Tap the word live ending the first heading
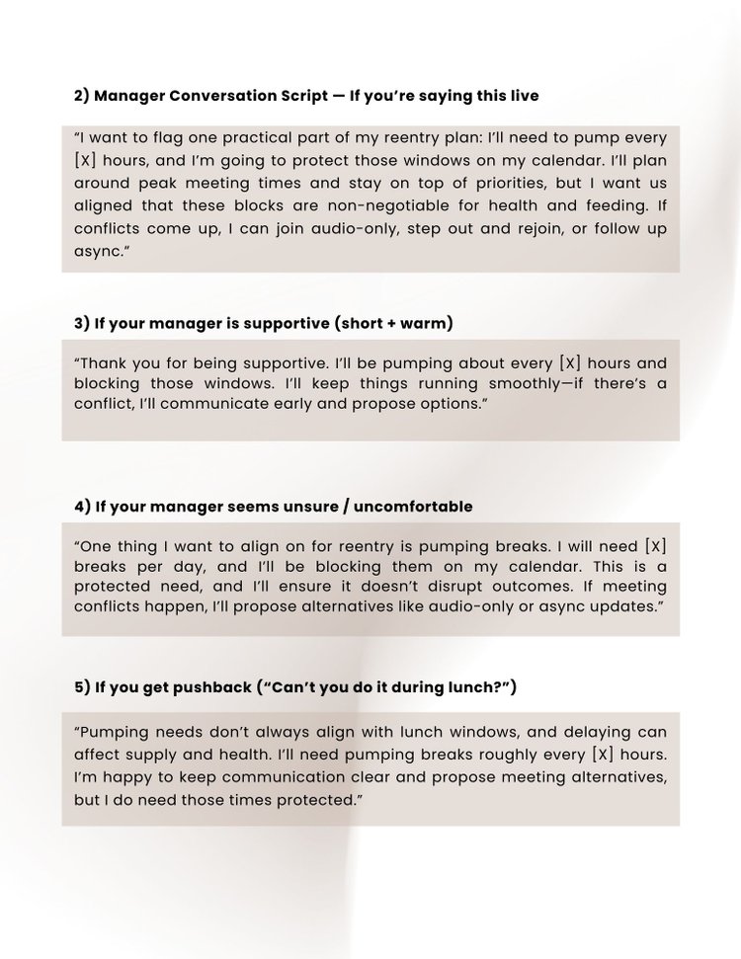click(x=522, y=96)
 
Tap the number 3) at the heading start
click(x=82, y=323)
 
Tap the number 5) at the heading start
click(x=82, y=687)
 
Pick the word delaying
click(x=596, y=732)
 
